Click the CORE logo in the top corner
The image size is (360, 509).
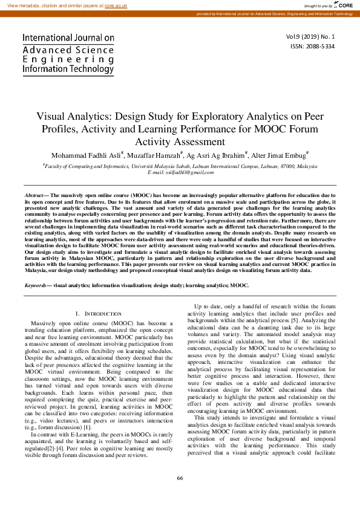point(343,5)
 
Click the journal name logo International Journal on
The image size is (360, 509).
point(68,37)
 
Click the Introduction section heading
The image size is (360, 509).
point(97,314)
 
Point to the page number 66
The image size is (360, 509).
point(180,478)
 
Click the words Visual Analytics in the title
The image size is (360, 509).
point(70,117)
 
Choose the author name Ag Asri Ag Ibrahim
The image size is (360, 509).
point(216,155)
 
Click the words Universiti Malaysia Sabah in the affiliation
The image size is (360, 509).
point(167,165)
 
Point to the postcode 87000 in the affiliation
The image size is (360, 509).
point(281,165)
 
